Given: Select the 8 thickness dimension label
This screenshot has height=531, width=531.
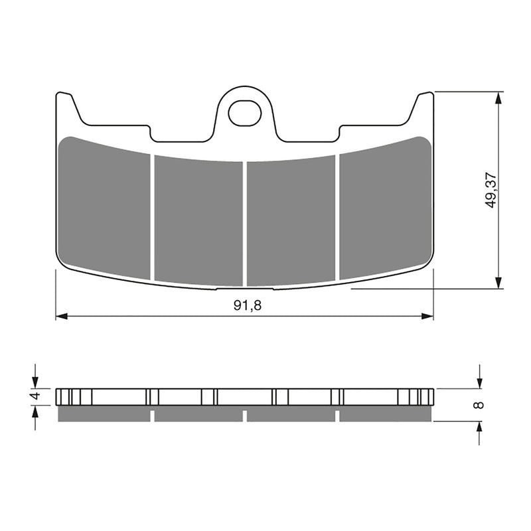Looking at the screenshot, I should [480, 404].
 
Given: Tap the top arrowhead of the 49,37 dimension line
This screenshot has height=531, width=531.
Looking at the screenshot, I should [496, 98].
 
